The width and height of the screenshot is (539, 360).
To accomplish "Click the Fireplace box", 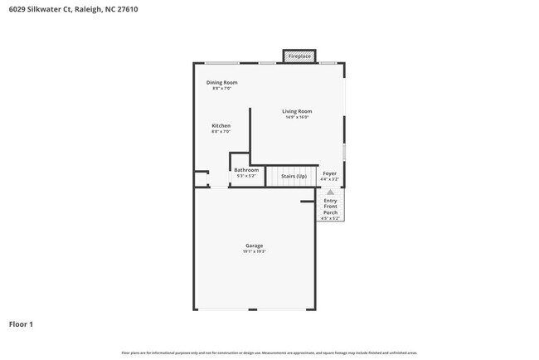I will tap(299, 56).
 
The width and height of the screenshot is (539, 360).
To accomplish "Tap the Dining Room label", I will tap(221, 82).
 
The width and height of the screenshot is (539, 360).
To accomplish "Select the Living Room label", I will tap(296, 111).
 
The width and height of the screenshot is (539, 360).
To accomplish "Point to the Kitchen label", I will tap(221, 125).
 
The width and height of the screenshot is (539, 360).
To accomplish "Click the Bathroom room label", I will tap(246, 170).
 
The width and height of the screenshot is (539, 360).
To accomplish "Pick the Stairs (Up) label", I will tap(294, 176).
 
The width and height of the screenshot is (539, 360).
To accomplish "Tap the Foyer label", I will tap(329, 173).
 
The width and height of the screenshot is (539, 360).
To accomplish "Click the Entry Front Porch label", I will tap(330, 206).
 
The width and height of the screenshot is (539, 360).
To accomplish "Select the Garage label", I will tap(254, 246).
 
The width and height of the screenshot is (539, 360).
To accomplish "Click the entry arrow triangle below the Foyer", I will tap(330, 192).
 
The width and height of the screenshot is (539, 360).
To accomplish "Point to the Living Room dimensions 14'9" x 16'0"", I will tap(296, 117).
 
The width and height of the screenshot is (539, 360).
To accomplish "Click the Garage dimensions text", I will tap(254, 251).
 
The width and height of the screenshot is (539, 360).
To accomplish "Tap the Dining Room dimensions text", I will tap(221, 88).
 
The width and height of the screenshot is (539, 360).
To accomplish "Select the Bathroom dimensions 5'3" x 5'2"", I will tap(246, 176).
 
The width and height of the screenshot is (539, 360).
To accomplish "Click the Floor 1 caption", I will tap(21, 324).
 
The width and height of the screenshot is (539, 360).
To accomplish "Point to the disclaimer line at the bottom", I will tap(269, 352).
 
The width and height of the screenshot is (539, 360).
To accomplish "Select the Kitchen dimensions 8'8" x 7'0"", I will tap(221, 131).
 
